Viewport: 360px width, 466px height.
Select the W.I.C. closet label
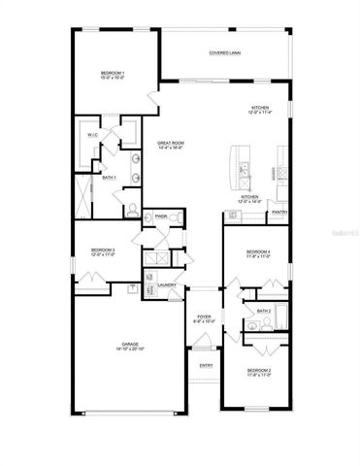[92, 135]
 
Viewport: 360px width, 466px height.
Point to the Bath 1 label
[109, 178]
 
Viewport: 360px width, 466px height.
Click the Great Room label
[171, 145]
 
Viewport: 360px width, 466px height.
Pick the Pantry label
[279, 212]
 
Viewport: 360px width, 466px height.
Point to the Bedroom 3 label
[103, 251]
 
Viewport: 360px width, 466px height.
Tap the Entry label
[205, 365]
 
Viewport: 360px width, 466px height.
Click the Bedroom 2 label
[258, 372]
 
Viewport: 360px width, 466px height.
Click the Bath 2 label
[262, 312]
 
